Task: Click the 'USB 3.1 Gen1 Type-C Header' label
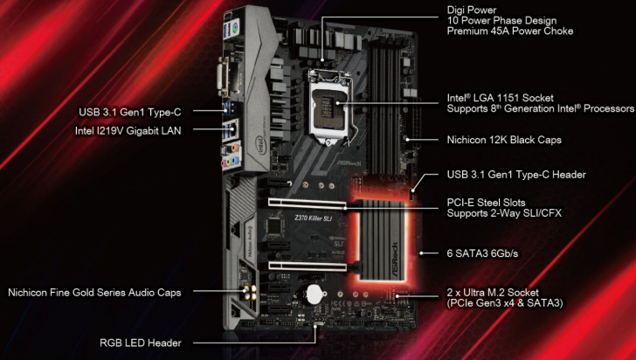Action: (516, 175)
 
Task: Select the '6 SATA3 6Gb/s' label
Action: (480, 254)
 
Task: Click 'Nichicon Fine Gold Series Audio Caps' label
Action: (94, 292)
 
